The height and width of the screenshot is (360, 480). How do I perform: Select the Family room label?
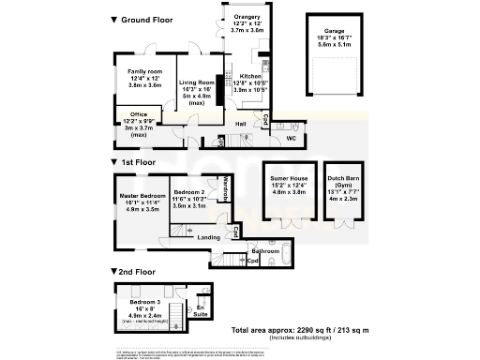click(144, 71)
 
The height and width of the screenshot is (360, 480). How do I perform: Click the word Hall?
click(241, 124)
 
